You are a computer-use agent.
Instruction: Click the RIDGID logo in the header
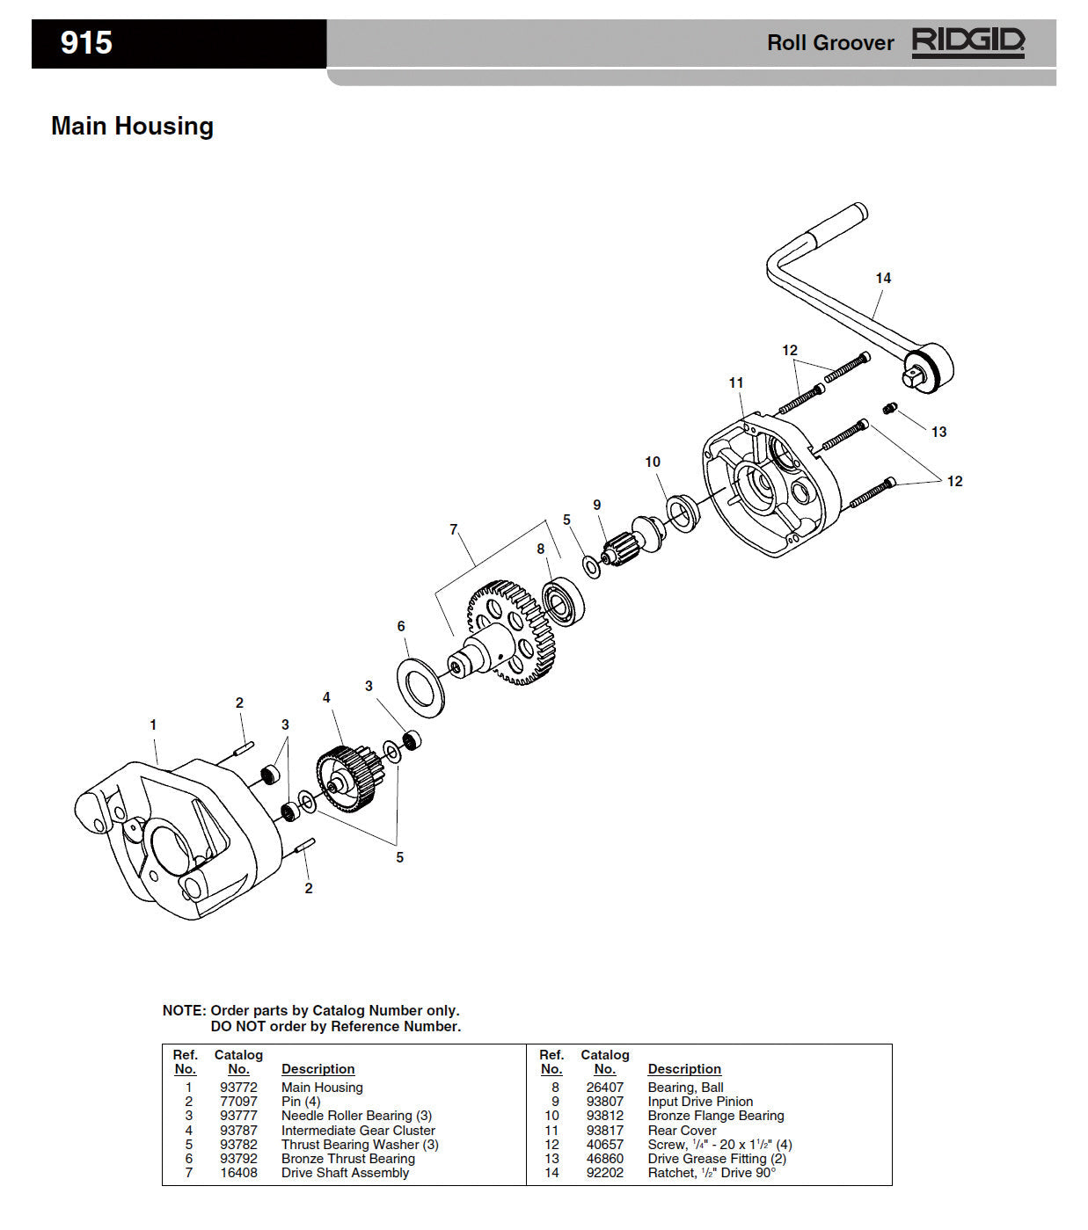tap(968, 42)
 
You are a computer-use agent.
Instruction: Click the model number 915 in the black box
tap(86, 43)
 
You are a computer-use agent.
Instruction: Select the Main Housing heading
tap(132, 126)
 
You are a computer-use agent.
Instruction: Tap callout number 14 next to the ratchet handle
tap(883, 278)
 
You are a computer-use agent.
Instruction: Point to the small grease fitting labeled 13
tap(889, 408)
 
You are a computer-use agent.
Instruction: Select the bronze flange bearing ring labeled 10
tap(682, 513)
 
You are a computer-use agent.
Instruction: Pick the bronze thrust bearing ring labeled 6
tap(422, 686)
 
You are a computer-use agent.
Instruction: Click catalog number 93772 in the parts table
tap(238, 1088)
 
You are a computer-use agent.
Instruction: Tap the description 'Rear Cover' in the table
tap(682, 1131)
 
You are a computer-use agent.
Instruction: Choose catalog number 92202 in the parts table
tap(605, 1173)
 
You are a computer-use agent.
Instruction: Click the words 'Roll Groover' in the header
tap(829, 43)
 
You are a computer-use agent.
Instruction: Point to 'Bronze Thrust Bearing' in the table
tap(347, 1159)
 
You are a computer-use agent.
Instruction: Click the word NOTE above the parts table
tap(183, 1011)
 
